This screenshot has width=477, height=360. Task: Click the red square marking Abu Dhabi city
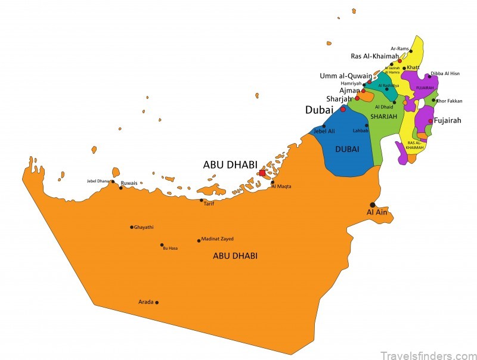[262, 173]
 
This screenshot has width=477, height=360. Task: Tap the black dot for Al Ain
[373, 204]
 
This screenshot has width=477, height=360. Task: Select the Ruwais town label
[129, 183]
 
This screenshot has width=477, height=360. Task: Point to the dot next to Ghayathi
[132, 227]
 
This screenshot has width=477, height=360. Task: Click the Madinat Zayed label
[218, 239]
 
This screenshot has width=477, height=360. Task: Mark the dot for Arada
[157, 302]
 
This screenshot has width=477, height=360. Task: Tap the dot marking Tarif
[202, 200]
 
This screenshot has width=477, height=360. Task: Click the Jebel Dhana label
[99, 181]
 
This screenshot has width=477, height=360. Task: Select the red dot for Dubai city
[343, 109]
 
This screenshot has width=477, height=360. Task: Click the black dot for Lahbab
[367, 125]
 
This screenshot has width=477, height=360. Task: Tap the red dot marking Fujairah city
[430, 120]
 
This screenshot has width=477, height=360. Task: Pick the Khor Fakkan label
[450, 101]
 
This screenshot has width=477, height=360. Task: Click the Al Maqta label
[281, 187]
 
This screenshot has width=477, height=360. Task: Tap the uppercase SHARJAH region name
[383, 116]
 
